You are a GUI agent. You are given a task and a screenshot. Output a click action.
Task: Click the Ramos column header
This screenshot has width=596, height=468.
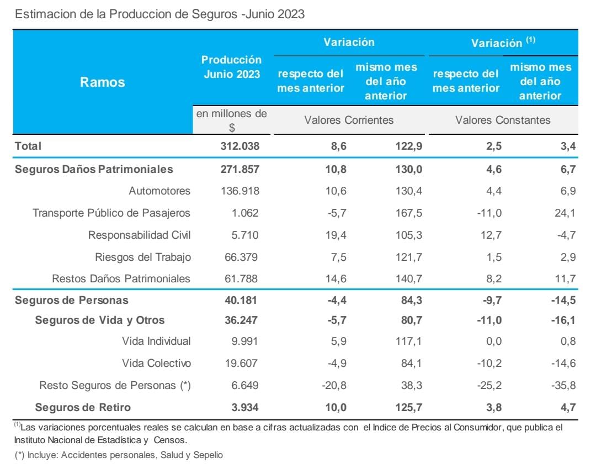point(103,82)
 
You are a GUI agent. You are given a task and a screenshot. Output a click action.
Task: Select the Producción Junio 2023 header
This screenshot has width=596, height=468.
point(231,67)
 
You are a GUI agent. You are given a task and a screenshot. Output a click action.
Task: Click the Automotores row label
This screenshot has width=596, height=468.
point(159,191)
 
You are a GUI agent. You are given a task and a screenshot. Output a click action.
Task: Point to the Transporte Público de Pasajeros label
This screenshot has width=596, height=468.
point(111,213)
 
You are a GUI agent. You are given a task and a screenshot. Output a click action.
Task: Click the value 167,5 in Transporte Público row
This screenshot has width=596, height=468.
point(408,213)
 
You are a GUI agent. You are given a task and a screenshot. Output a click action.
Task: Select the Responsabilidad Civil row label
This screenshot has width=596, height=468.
point(139,235)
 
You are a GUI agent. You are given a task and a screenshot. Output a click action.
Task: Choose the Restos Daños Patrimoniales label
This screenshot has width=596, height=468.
point(121,278)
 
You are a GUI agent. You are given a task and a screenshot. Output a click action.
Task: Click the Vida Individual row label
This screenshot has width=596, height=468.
point(156,341)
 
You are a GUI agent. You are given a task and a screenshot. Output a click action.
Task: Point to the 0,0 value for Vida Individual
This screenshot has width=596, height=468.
point(491,341)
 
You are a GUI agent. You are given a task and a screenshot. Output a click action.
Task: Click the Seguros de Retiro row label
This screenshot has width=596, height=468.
point(83,407)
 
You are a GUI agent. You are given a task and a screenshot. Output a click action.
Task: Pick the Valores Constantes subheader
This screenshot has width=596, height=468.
point(503,120)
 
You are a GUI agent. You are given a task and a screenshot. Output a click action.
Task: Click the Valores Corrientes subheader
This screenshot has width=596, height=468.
point(349,120)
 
